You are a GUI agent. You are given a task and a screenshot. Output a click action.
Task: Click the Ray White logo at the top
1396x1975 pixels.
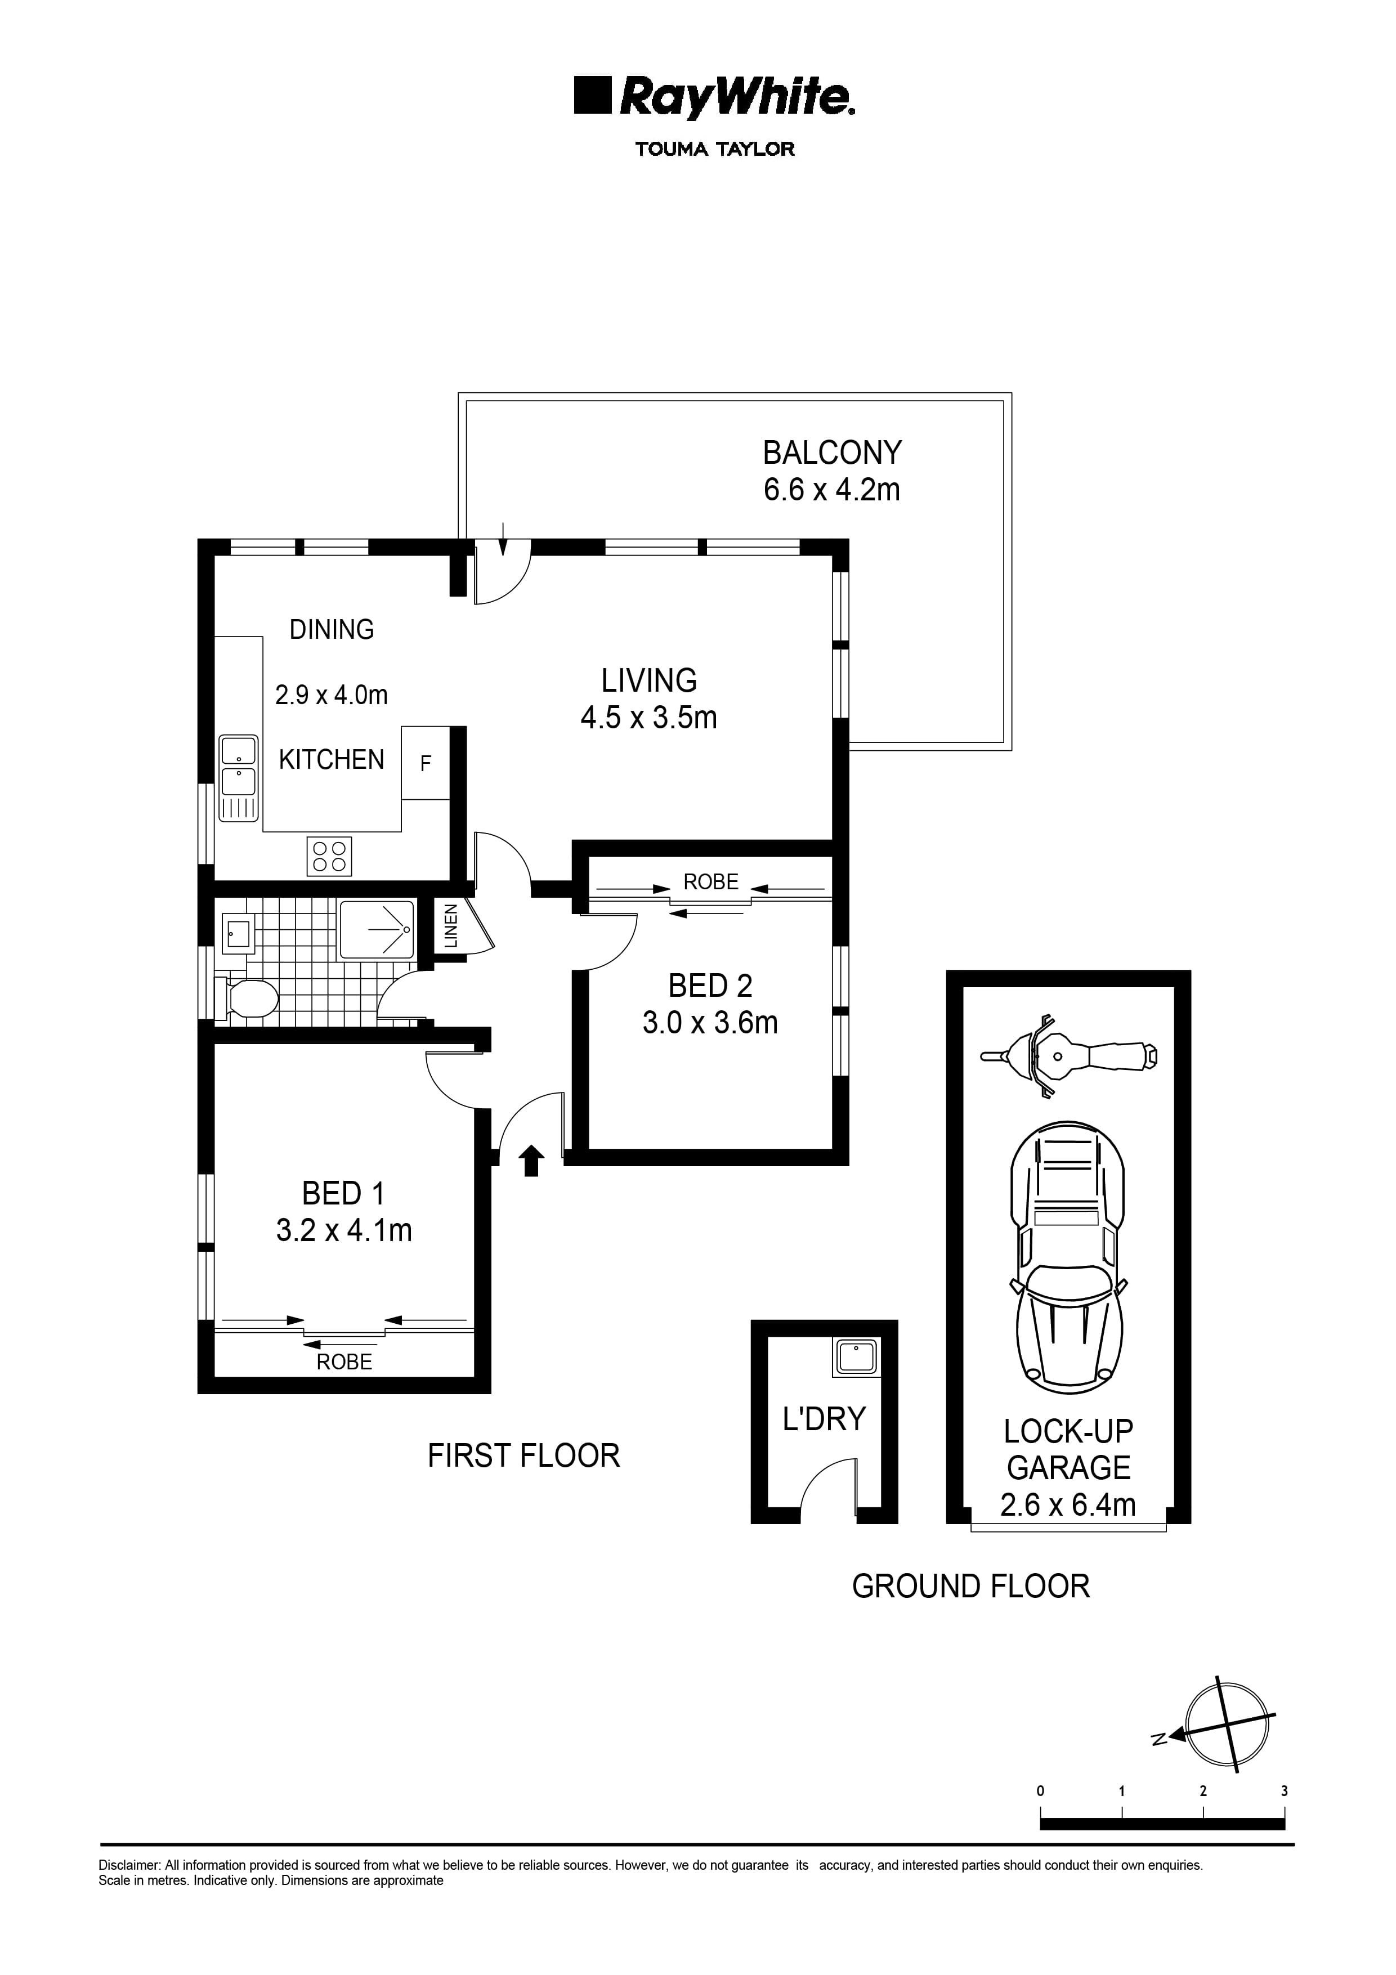713,97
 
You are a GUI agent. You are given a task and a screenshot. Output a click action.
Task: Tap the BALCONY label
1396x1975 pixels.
832,453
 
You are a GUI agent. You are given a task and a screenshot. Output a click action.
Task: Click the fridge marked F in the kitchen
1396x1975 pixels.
426,763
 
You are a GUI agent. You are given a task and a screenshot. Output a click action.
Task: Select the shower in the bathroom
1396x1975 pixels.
376,930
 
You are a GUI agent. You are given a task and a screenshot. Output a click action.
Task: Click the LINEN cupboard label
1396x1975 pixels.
451,925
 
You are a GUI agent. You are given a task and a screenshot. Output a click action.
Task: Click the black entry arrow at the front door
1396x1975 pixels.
531,1161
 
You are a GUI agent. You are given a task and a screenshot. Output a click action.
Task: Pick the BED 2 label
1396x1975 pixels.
710,985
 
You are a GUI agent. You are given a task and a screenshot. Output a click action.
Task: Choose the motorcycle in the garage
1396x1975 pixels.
1068,1056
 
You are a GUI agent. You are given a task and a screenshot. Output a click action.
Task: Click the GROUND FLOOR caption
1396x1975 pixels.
970,1586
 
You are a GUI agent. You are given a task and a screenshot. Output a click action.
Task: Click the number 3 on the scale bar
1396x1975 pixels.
1283,1792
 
